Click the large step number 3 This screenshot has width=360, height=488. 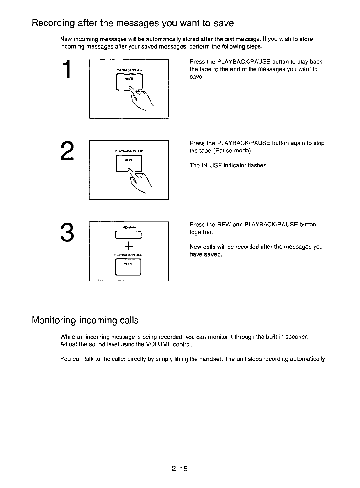(x=67, y=232)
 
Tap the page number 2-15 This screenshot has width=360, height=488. (x=179, y=469)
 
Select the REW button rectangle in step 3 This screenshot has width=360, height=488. (x=129, y=235)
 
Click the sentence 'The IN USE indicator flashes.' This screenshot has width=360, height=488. (x=228, y=165)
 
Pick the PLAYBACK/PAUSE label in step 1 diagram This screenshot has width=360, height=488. (x=129, y=70)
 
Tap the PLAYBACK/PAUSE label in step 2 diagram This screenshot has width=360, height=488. (x=129, y=151)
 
